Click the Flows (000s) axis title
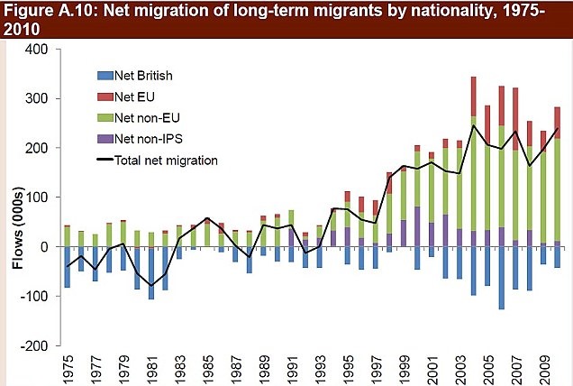coord(12,198)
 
